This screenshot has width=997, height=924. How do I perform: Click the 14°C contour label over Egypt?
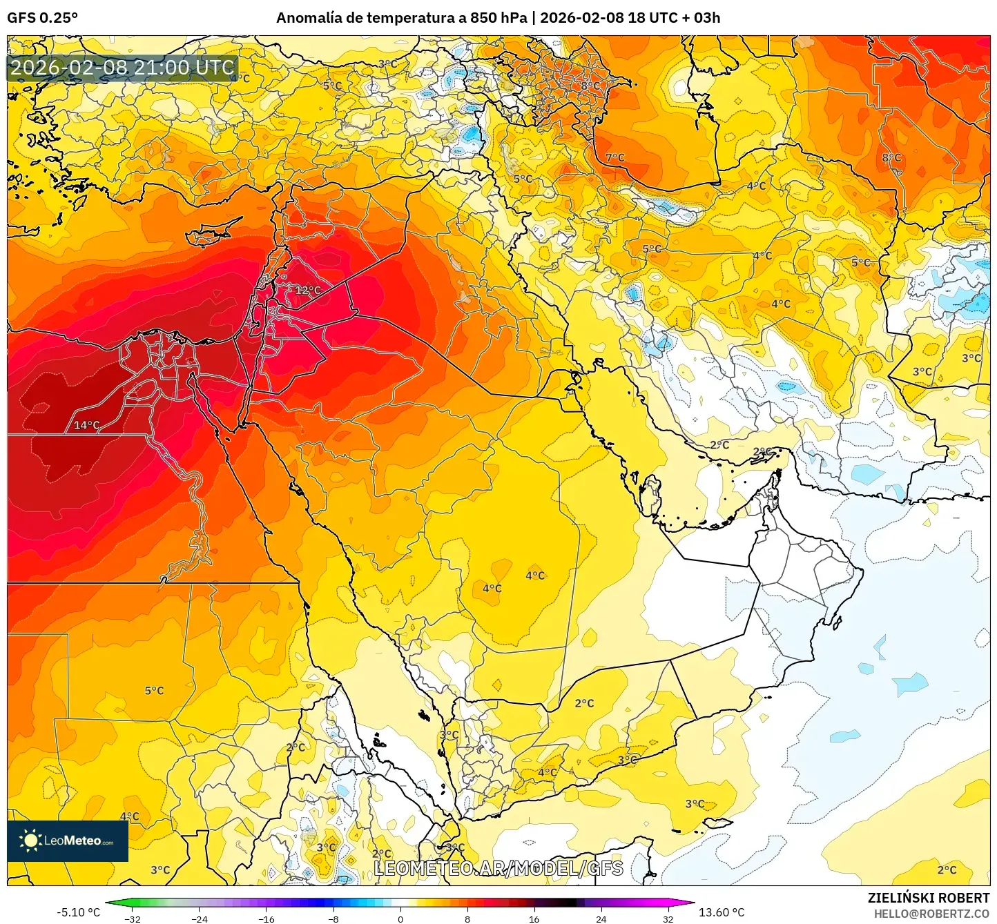tap(87, 425)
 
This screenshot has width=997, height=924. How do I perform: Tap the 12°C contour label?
tap(308, 290)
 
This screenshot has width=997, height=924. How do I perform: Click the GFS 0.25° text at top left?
tap(42, 18)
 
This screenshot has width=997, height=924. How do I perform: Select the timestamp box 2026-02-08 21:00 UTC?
tap(123, 68)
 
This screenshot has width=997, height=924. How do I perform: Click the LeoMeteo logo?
tap(68, 841)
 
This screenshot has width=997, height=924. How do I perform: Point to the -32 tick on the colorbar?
tap(133, 918)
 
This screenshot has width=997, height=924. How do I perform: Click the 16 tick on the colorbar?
tap(534, 918)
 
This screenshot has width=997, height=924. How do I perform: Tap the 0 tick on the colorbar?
tap(400, 918)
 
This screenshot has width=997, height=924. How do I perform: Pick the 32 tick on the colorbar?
tap(668, 918)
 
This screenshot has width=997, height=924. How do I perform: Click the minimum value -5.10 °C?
tap(78, 912)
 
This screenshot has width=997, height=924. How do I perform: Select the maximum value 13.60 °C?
tap(722, 912)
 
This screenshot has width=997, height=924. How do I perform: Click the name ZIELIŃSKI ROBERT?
tap(929, 898)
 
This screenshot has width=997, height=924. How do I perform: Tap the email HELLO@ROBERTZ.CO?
tap(931, 914)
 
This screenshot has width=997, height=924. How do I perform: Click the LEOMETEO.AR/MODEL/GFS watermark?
tap(498, 868)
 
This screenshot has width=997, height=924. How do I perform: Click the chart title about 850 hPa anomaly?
tap(498, 18)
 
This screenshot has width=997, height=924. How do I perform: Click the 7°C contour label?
tap(614, 157)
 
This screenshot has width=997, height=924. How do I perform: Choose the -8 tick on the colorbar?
tap(333, 918)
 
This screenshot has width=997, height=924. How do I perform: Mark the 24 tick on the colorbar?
tap(601, 918)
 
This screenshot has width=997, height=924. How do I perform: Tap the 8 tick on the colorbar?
tap(467, 918)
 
